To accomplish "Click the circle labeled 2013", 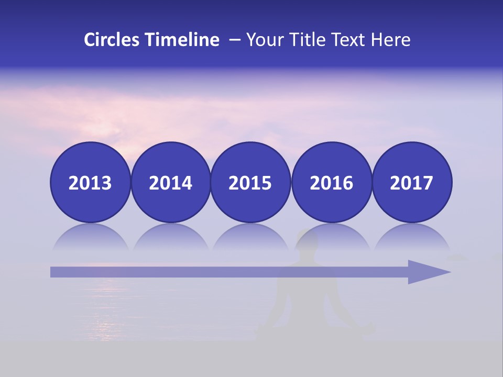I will (x=90, y=183).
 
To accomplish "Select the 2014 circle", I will (x=170, y=183).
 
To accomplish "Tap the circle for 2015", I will (x=250, y=183).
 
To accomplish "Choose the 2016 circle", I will (x=331, y=183).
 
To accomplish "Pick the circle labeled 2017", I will (x=411, y=183).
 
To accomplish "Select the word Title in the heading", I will (x=304, y=40).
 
